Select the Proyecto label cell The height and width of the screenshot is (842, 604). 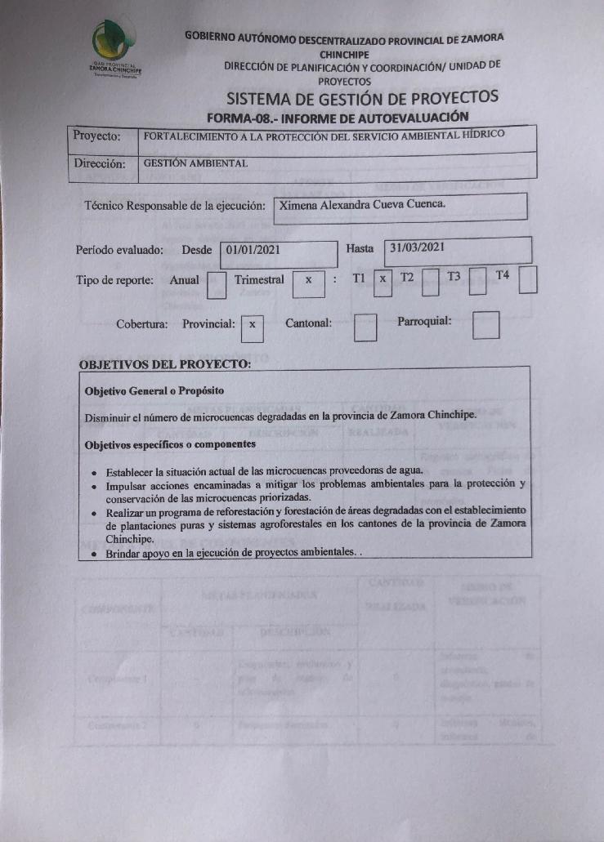tap(98, 136)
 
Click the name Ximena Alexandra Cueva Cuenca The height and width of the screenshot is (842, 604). tap(362, 205)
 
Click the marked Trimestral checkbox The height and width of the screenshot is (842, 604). tap(308, 281)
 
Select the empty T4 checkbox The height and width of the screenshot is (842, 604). tap(528, 279)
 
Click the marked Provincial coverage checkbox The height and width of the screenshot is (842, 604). tap(253, 325)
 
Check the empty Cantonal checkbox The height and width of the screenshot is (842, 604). tap(365, 327)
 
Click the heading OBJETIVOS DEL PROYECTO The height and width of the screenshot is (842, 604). tap(164, 363)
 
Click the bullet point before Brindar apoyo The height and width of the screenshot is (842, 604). tap(95, 555)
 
